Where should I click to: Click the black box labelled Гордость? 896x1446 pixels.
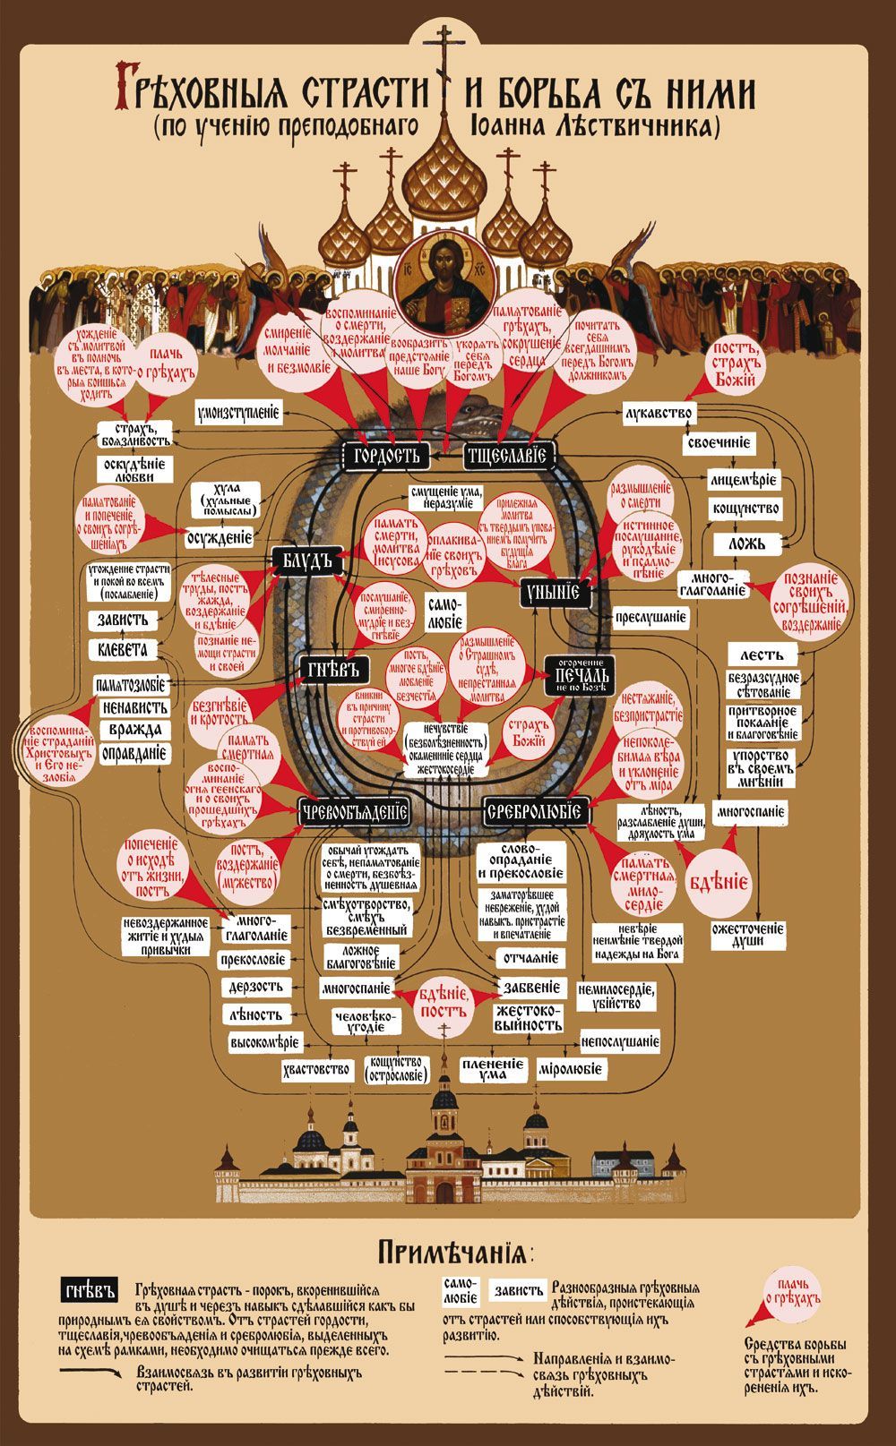(x=387, y=454)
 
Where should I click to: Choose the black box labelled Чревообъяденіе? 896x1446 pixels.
(x=355, y=812)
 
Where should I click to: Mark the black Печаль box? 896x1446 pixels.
(x=582, y=675)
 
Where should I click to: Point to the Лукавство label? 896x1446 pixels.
(x=660, y=413)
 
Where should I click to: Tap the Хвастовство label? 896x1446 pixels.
(x=315, y=1068)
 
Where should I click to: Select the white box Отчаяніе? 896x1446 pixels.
(x=528, y=957)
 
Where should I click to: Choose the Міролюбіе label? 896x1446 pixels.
(x=571, y=1068)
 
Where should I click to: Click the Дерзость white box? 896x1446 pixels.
(x=255, y=987)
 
